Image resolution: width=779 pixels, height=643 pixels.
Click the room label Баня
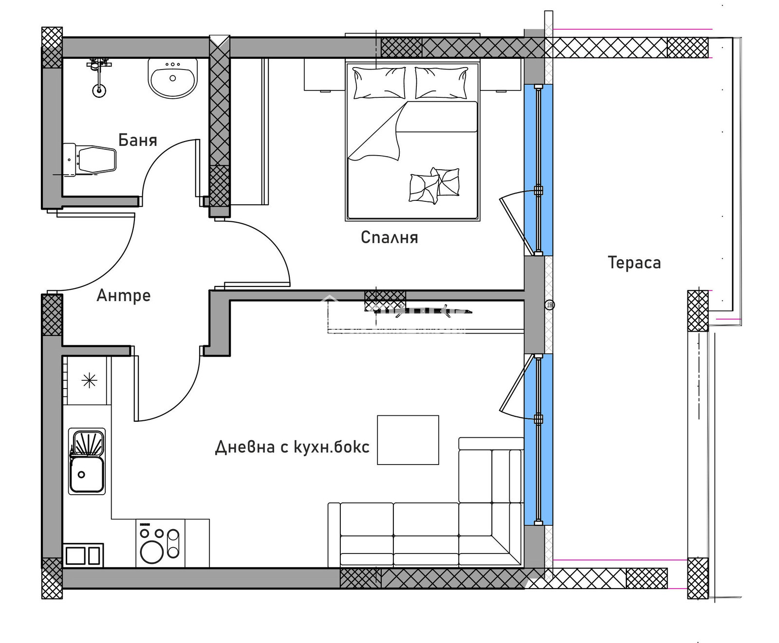click(138, 140)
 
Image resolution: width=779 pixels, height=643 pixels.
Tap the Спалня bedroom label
click(389, 237)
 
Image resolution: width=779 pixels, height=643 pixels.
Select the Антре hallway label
click(124, 295)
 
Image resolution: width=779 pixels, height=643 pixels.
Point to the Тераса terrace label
click(634, 263)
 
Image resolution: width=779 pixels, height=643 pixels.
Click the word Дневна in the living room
click(245, 447)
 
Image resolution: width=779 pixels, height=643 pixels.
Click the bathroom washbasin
click(173, 78)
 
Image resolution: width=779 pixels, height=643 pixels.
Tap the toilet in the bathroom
click(90, 160)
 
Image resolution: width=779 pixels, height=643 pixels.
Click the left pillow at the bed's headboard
click(379, 83)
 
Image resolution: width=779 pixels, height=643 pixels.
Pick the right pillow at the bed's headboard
click(441, 83)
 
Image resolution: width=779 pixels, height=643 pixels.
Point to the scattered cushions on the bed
click(434, 185)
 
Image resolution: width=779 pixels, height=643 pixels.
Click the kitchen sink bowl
click(87, 474)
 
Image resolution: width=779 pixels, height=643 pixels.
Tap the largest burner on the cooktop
click(152, 552)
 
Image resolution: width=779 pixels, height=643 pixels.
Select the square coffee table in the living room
click(408, 440)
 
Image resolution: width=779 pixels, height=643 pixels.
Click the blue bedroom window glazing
click(538, 170)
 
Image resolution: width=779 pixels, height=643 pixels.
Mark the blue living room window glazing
click(538, 440)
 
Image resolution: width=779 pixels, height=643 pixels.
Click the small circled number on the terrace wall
click(550, 305)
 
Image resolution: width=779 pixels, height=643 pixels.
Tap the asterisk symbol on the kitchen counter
click(90, 380)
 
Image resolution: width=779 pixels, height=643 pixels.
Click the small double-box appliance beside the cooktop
click(83, 555)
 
